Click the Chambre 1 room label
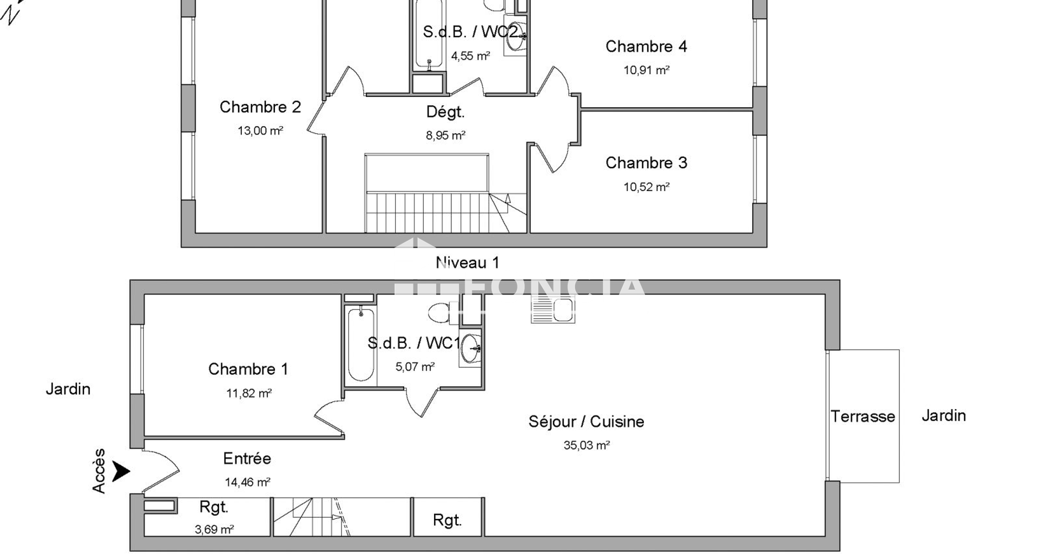248,369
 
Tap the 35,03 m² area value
587,445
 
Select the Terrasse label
863,416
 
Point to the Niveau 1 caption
468,263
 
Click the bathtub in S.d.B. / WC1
360,344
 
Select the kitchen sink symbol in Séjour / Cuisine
553,310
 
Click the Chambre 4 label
646,47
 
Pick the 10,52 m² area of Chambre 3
646,187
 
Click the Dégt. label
445,112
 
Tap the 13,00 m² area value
260,130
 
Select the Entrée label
247,458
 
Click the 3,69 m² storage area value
214,530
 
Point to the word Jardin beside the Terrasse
944,415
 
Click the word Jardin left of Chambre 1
68,389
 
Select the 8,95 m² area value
445,135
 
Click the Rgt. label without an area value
447,520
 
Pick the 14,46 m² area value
247,482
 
